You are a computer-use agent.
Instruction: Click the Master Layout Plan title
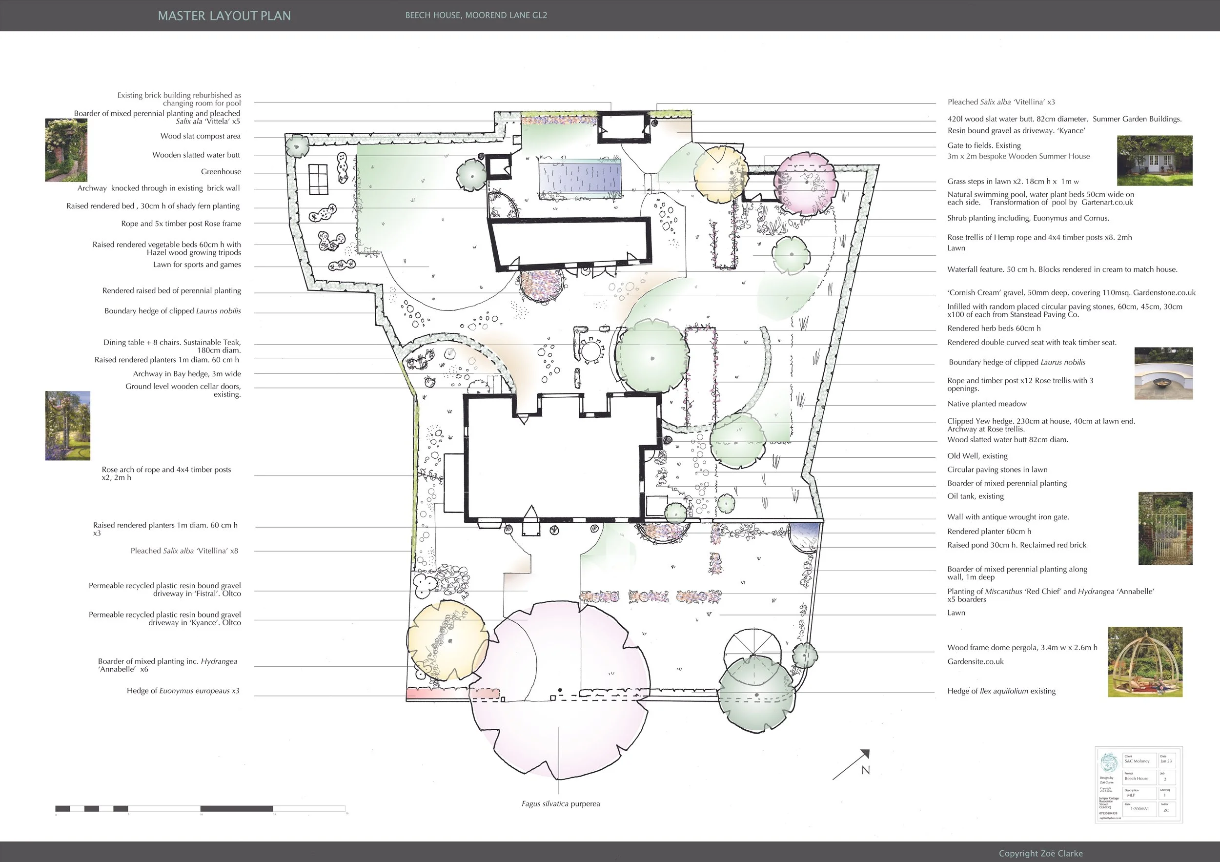224,16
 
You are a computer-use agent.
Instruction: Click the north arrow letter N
866,770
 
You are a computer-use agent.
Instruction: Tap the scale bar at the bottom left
201,808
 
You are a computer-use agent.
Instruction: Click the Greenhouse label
221,172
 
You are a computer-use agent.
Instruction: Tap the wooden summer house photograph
1154,161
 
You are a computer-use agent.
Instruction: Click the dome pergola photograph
1145,662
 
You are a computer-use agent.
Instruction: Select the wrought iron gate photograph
1165,528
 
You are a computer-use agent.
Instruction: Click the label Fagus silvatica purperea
561,803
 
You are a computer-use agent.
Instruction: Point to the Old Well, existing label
977,456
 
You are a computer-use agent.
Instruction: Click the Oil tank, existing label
976,496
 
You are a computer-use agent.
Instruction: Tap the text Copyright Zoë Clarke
1040,853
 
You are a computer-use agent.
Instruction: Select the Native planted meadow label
987,404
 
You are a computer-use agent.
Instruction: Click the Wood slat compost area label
200,136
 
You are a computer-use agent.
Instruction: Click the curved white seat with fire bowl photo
1163,373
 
